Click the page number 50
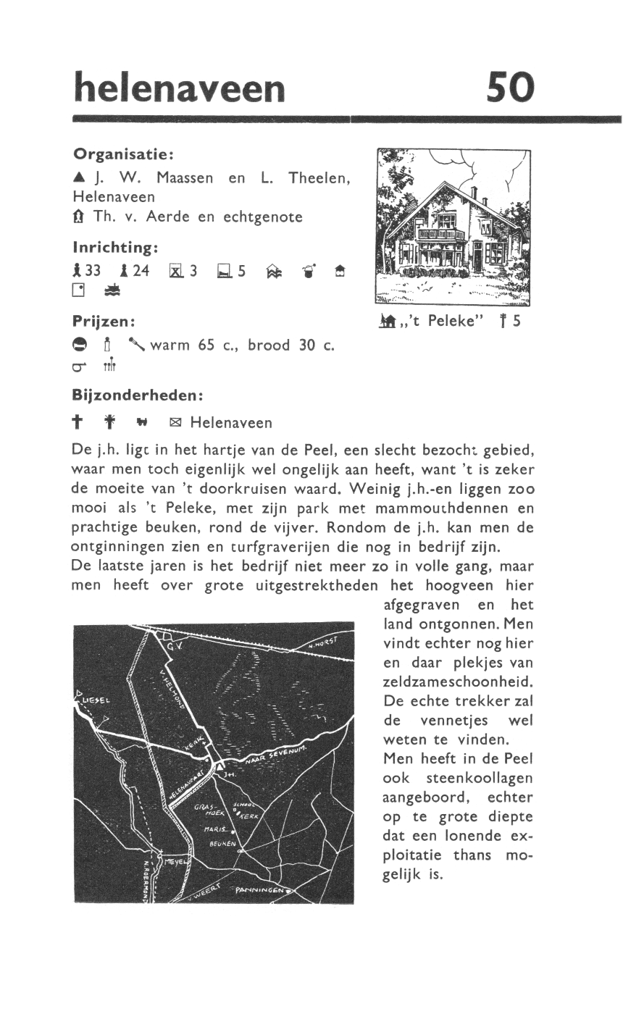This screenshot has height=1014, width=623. [510, 89]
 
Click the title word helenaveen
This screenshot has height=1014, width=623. [180, 88]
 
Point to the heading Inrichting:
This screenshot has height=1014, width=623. [115, 248]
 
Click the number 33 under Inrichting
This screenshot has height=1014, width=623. [93, 271]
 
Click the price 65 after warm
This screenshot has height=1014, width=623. [207, 345]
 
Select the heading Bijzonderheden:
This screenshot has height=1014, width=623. [136, 396]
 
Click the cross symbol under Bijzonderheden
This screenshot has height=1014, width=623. [78, 422]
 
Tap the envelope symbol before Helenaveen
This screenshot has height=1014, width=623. [175, 422]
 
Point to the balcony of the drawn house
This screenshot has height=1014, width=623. [441, 234]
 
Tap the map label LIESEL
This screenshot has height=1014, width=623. [96, 700]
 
